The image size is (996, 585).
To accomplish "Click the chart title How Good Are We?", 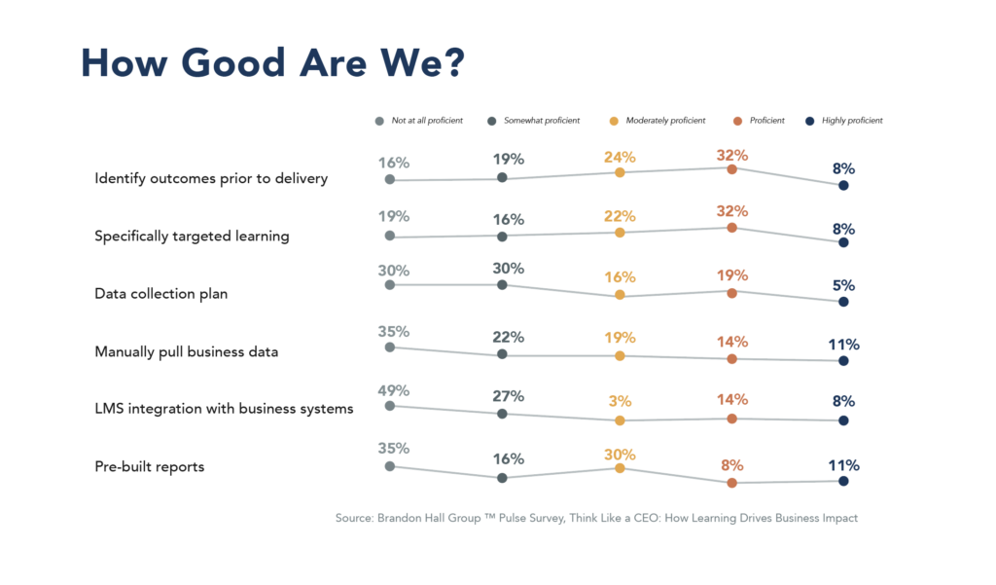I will coord(272,62).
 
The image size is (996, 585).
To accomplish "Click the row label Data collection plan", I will coord(160,293).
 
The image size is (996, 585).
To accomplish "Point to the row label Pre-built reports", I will coord(149,466).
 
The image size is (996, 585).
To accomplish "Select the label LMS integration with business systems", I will coord(224,409).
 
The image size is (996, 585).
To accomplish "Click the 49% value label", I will coord(393,390).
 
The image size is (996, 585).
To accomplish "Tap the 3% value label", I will coord(620,400).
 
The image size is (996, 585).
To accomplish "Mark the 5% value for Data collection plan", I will coord(843,285).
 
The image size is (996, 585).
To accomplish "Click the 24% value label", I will coord(620,157).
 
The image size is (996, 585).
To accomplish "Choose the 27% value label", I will coord(508,396).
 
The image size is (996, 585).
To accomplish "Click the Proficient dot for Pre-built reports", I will coord(731,482).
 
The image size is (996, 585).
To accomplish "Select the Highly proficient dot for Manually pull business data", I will coord(843,360).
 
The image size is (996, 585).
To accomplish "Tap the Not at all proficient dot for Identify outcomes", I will coord(390,179).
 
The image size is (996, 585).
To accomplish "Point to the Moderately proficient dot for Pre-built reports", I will coord(620,468).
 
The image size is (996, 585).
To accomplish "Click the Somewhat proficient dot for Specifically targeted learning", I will coord(502,236).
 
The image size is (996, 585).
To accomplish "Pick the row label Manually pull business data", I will coord(186,351).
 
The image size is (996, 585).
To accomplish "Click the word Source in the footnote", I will coord(355,519).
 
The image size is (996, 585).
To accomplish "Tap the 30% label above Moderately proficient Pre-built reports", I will coord(620,455).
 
